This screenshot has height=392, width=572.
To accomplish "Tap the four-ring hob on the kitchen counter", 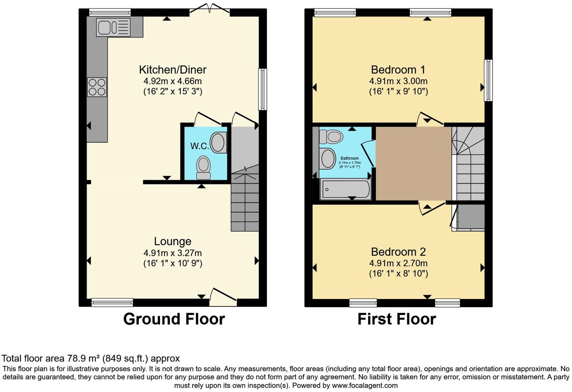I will tap(97, 87).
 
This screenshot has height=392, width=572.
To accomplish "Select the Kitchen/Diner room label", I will tap(173, 70).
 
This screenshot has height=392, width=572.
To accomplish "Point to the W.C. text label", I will tap(199, 146).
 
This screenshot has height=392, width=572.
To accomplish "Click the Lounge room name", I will tap(173, 242).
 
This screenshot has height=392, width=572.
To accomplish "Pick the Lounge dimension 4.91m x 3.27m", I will tap(173, 253).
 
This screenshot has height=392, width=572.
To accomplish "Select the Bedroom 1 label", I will tap(398, 70).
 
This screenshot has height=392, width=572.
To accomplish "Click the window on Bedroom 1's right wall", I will tap(488, 80).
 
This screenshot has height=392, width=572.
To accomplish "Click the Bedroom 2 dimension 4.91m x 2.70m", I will tap(398, 263).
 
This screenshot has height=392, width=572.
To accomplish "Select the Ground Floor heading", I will tap(174, 319).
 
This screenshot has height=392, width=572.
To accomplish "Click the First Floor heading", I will tap(396, 319).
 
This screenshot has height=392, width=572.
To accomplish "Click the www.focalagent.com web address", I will tap(364, 386).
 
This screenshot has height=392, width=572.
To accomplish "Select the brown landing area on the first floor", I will tap(413, 164).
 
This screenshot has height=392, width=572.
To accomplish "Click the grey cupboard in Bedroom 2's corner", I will tap(470, 217).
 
